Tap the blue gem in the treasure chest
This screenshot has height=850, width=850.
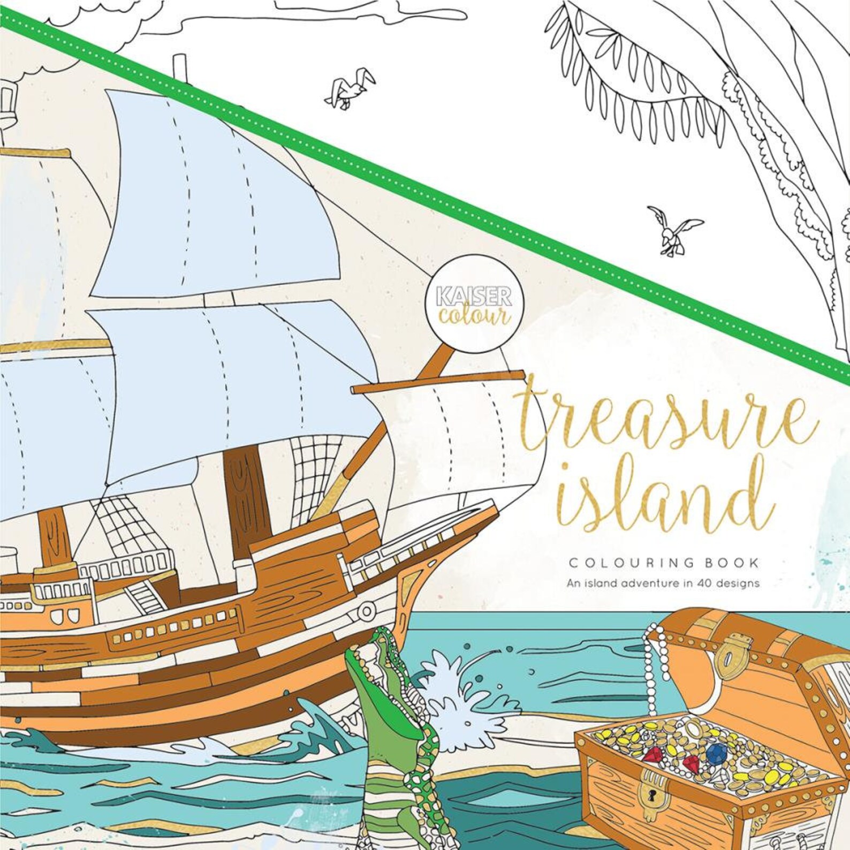[x=710, y=753]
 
